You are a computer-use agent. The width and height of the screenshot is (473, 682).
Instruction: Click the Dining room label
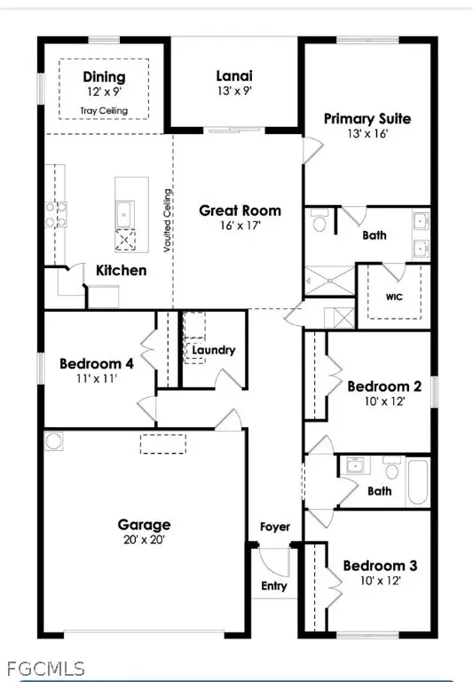(x=104, y=77)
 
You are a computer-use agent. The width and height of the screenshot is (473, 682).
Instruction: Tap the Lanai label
(x=235, y=77)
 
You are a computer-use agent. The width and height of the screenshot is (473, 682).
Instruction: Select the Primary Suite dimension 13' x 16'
(x=367, y=134)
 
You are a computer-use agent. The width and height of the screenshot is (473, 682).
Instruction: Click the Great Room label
(x=240, y=210)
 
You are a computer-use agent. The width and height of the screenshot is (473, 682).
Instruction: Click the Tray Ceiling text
(x=104, y=110)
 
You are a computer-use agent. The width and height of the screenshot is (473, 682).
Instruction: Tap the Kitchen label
(x=121, y=269)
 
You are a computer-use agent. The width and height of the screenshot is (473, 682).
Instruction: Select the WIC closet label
(x=394, y=297)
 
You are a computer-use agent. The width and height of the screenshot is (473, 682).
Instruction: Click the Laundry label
(x=213, y=350)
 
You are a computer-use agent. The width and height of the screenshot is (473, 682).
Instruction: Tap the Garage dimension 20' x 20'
(x=145, y=540)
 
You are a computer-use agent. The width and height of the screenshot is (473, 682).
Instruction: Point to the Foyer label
(x=275, y=527)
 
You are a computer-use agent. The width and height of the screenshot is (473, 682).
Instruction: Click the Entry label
(x=273, y=586)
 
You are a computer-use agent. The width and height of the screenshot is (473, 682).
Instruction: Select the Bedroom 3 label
(x=380, y=566)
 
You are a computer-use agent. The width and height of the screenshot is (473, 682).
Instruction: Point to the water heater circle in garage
(x=54, y=440)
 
